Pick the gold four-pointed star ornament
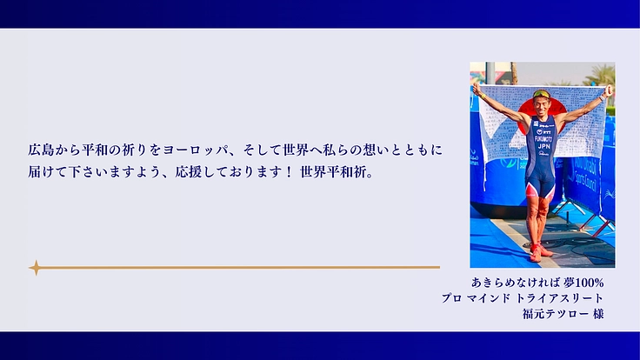click(x=36, y=268)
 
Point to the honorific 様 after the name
click(x=597, y=314)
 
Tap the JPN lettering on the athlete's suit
click(x=543, y=147)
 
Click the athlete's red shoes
click(x=540, y=253)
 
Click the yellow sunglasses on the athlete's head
click(x=542, y=96)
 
